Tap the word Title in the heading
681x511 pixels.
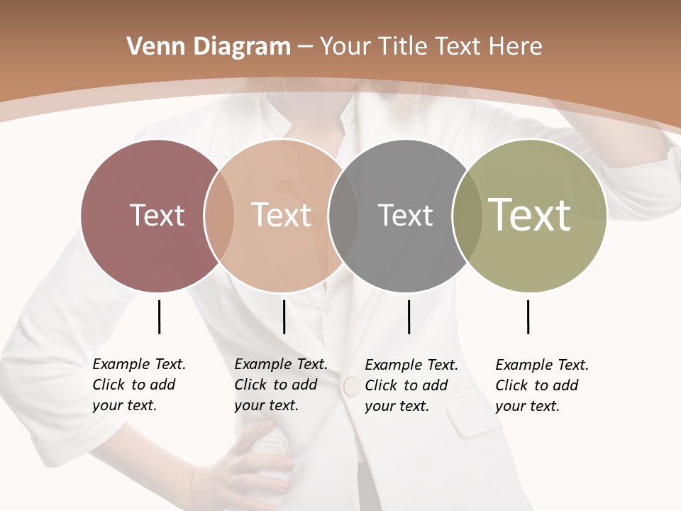402,47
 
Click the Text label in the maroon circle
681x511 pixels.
157,215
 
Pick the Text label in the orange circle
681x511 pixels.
281,215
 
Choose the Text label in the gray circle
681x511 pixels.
405,215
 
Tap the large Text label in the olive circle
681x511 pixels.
530,215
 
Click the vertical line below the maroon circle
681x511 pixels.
159,317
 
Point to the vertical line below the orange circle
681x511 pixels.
284,317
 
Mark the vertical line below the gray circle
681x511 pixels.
409,317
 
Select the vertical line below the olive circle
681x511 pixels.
528,317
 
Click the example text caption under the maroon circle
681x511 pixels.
138,385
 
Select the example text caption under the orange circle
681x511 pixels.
280,385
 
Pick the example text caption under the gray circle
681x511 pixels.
411,385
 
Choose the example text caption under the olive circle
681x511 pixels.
541,385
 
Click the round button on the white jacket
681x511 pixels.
351,386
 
